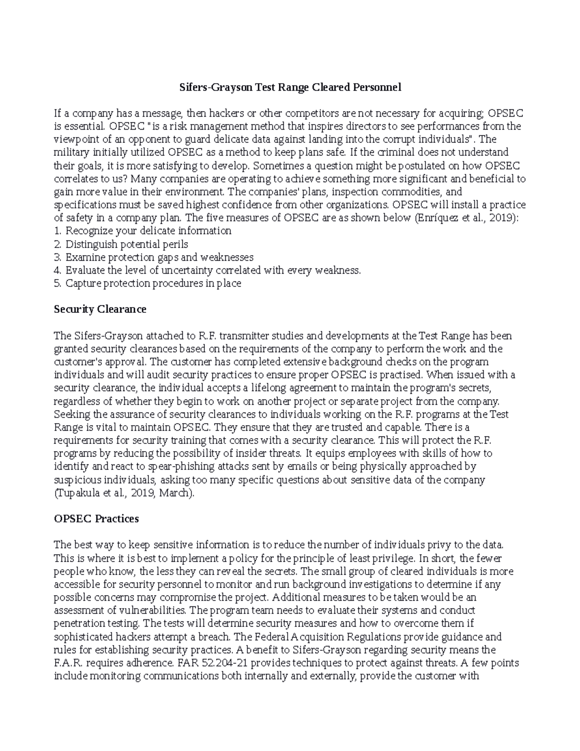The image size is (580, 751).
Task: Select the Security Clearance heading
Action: [100, 309]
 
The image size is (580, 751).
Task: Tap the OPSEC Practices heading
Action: [97, 519]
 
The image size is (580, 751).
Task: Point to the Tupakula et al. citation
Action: [125, 493]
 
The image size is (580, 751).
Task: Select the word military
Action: [71, 152]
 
